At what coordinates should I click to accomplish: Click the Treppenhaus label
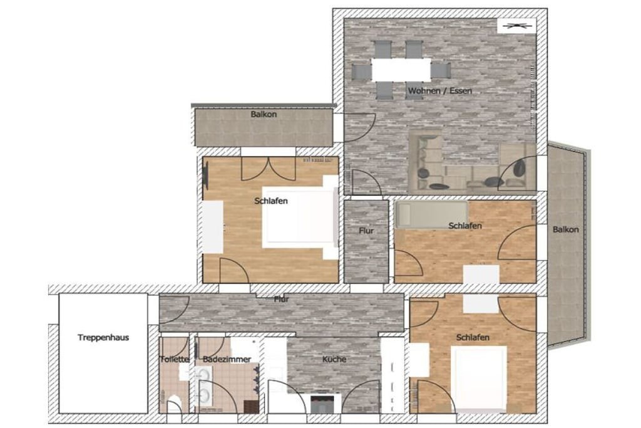tap(103, 338)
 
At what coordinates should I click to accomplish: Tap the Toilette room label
tap(175, 359)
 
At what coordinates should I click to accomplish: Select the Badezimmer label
tap(227, 359)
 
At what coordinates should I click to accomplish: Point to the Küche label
tap(334, 359)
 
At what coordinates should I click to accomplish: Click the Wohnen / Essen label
tap(440, 90)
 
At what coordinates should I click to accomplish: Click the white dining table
tap(401, 70)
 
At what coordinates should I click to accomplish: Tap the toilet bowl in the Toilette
tap(174, 403)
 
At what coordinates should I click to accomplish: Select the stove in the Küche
tap(322, 403)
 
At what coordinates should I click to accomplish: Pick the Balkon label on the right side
tap(565, 229)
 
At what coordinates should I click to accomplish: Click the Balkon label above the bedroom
tap(264, 114)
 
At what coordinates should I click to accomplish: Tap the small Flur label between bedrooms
tap(366, 231)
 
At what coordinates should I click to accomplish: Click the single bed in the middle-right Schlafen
tap(431, 214)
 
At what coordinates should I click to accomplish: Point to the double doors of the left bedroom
tap(268, 169)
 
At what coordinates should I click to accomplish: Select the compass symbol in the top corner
tap(516, 26)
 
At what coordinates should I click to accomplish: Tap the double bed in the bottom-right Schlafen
tap(479, 378)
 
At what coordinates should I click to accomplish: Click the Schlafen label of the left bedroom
tap(271, 201)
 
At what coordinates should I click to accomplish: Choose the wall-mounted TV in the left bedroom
tap(205, 175)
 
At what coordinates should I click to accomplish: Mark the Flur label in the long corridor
tap(281, 300)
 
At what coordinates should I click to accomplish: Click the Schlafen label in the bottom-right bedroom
tap(473, 338)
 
